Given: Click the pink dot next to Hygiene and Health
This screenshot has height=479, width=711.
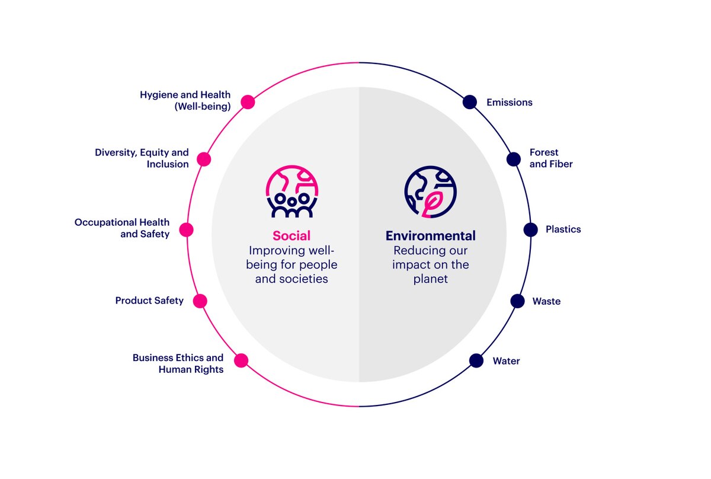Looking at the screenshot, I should [x=248, y=102].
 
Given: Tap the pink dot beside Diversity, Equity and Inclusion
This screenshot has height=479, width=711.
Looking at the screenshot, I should [x=204, y=159].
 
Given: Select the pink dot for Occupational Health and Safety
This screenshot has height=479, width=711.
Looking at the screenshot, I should [x=187, y=230].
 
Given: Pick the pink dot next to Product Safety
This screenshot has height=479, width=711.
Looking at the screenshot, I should [x=200, y=301].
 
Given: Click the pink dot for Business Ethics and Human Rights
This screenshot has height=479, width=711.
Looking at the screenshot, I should [x=241, y=360].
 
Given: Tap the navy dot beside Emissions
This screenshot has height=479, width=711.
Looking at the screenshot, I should [x=469, y=102].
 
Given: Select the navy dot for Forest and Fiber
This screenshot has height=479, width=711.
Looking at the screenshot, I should [x=514, y=159].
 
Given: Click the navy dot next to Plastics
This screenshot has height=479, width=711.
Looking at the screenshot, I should [x=531, y=229].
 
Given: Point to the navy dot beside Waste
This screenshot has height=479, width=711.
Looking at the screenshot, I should [x=518, y=301].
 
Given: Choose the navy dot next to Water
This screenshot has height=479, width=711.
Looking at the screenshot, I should [x=476, y=360].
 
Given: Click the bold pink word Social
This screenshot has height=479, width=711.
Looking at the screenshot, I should [x=291, y=235].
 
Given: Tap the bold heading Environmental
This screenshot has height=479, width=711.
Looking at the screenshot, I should [x=430, y=235].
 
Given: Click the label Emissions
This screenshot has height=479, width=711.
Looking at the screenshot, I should [x=509, y=103].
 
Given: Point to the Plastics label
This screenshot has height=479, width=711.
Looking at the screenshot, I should [x=563, y=229].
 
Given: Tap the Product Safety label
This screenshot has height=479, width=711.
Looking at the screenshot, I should [x=149, y=301].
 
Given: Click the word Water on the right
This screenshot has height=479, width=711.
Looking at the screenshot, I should [x=506, y=361].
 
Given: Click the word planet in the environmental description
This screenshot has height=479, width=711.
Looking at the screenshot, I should [x=430, y=279].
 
